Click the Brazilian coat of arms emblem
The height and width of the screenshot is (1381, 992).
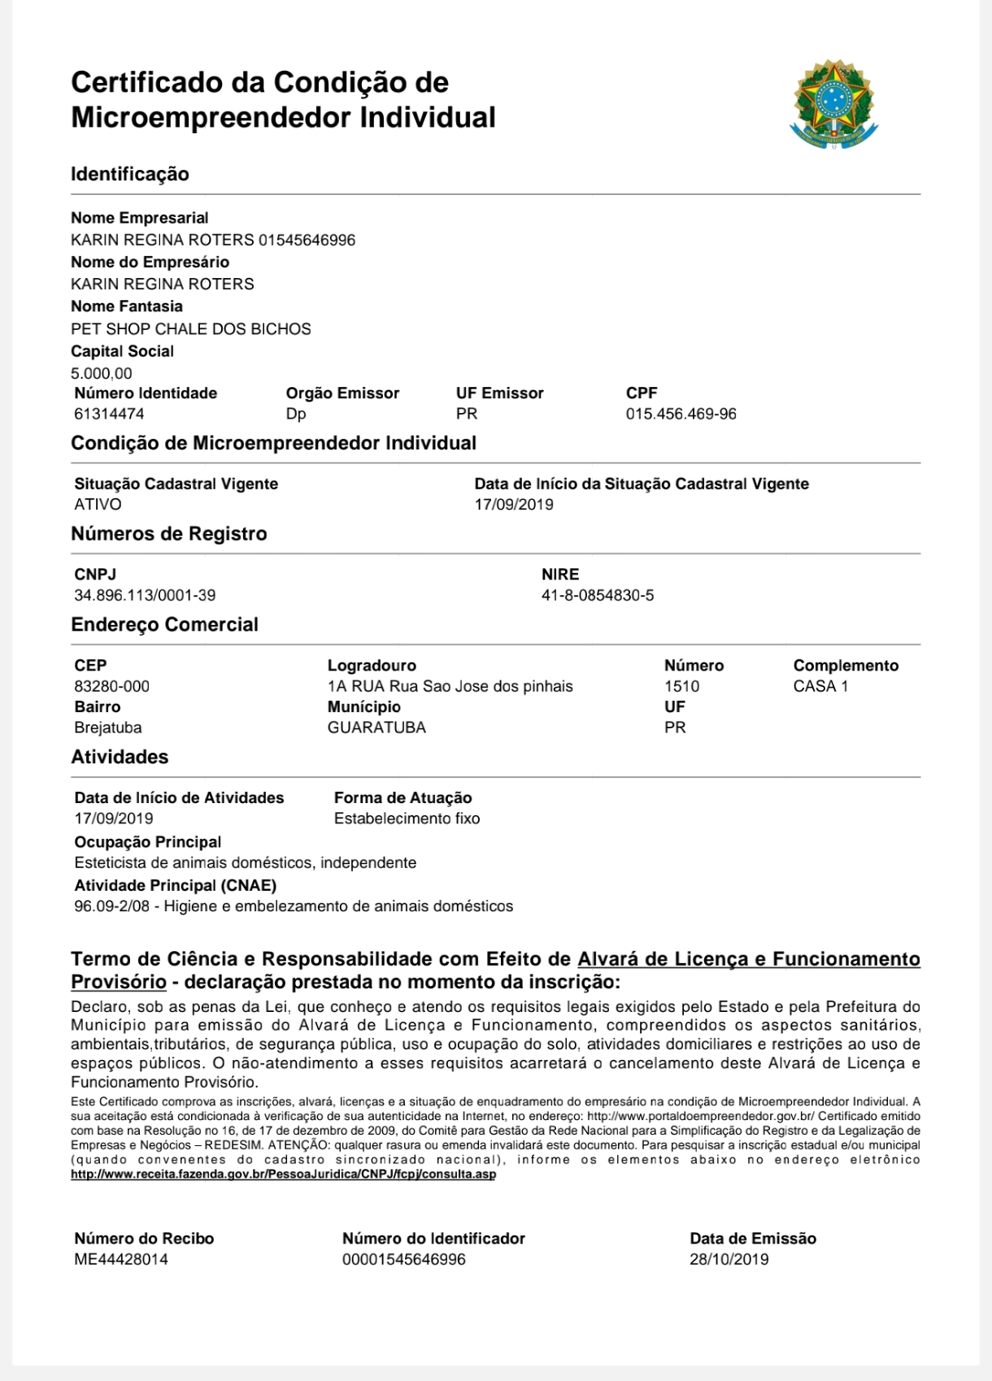point(833,103)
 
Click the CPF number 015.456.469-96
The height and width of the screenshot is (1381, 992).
point(681,414)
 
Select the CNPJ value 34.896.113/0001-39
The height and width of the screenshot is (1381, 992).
point(145,595)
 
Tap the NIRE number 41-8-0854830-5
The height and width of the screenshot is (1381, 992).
point(598,595)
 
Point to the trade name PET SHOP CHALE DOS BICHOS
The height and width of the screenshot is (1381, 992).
point(191,329)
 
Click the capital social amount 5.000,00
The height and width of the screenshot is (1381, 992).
point(102,373)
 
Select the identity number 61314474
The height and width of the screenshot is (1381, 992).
point(109,414)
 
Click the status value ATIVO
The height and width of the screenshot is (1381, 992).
point(98,504)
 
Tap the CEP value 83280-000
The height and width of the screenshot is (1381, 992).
point(111,686)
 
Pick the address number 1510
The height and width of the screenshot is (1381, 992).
point(681,686)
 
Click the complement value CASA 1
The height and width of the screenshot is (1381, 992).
point(820,686)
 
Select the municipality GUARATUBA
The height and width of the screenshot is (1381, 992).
point(376,727)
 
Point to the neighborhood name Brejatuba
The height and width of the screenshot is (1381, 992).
point(107,727)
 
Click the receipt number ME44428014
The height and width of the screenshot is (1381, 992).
point(121,1259)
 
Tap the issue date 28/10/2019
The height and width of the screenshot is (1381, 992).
point(729,1259)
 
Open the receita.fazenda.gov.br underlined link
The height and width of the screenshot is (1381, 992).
point(283,1175)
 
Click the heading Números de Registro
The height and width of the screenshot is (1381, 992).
point(169,534)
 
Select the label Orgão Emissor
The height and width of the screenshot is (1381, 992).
point(342,393)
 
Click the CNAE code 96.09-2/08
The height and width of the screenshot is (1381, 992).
point(112,906)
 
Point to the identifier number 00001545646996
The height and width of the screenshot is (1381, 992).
point(403,1259)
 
